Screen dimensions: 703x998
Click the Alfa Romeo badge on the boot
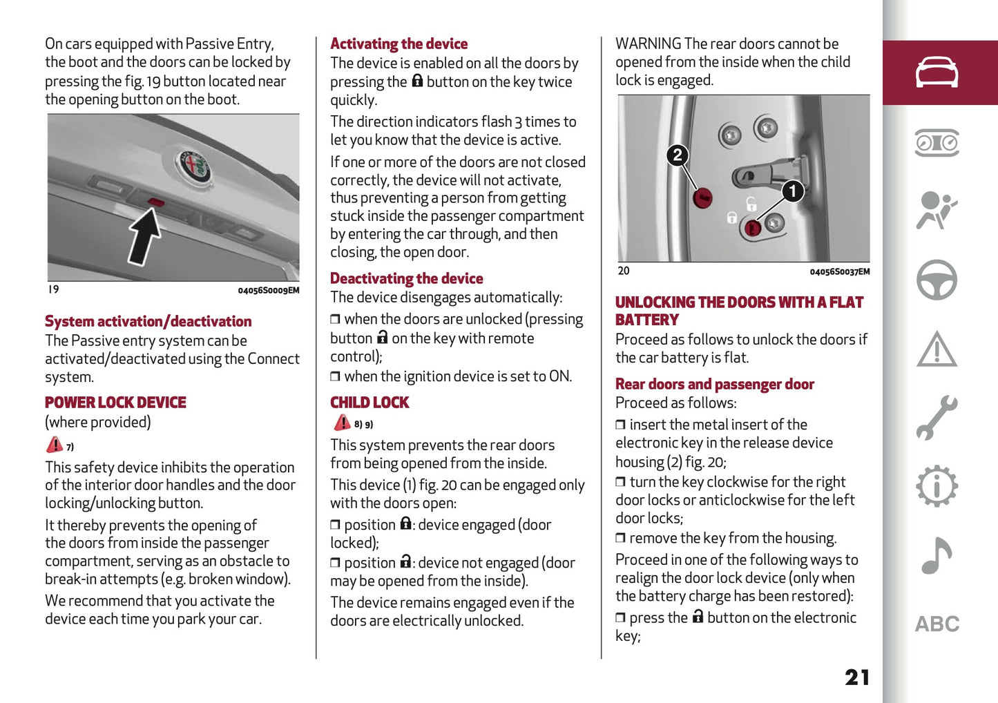193,166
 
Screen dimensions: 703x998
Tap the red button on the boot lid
156,202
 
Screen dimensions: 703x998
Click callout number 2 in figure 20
678,155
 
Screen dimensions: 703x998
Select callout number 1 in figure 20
792,191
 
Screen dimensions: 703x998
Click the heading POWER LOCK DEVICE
115,403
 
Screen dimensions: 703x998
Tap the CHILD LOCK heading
370,403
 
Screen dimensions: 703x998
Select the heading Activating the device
399,44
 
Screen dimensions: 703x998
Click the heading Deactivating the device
406,279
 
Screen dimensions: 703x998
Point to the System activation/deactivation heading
148,322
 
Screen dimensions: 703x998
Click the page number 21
857,677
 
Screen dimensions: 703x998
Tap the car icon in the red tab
937,73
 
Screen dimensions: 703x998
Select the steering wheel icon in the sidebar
937,280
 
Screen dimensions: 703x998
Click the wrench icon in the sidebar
937,418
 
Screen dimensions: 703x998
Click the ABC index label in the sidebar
937,624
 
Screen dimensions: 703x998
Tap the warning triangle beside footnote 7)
54,445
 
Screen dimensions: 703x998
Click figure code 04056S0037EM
839,272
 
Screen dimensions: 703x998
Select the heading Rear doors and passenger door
714,385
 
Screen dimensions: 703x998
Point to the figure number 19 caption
54,290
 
